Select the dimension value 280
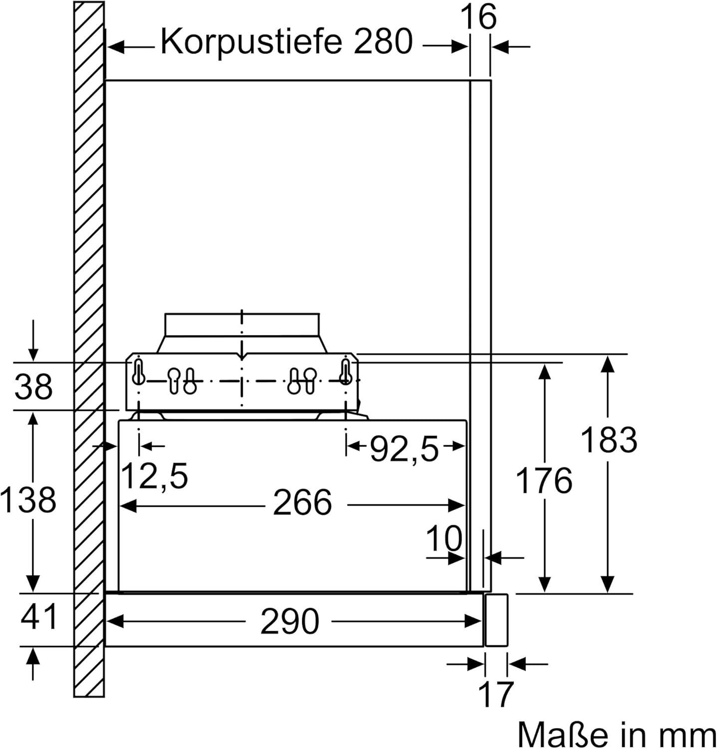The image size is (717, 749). [383, 41]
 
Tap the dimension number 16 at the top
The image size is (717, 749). [478, 16]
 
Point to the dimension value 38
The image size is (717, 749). [33, 386]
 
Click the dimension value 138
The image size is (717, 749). [28, 499]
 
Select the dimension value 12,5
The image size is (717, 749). [154, 475]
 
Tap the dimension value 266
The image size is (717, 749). [302, 502]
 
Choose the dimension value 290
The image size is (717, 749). [290, 622]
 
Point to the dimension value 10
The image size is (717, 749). [444, 538]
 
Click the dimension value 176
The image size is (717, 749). [544, 480]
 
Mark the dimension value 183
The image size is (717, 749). [609, 440]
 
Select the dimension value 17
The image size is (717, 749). [495, 694]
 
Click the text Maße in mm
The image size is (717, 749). [617, 734]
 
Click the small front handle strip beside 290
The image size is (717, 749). [496, 620]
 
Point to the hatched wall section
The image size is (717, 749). [89, 349]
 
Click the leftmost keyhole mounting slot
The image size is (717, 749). [138, 373]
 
